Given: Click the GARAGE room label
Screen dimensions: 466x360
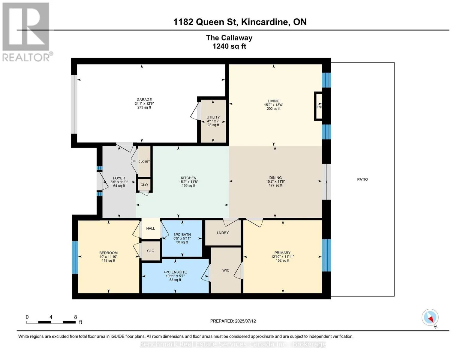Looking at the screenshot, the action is pos(144,100).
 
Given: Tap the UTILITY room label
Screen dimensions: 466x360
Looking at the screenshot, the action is pos(213,117).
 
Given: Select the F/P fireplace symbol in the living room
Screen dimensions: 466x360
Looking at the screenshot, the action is pos(318,106).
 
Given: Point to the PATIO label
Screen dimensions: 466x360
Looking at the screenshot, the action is pos(362,179).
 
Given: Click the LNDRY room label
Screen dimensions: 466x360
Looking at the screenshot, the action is pos(223,233).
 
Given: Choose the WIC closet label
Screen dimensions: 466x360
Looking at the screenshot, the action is pos(226,270).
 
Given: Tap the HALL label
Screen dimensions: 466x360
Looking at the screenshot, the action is pos(151,229).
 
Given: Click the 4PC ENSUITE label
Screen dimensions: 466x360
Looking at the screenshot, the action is pos(175,272).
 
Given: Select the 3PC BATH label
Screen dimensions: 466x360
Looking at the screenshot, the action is pos(182,235).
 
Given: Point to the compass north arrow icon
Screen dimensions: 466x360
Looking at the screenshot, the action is pos(430,318).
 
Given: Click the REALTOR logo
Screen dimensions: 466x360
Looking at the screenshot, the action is pos(27,32).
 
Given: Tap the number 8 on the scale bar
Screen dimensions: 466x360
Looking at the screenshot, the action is pos(76,317).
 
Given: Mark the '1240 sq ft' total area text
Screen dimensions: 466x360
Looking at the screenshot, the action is pos(229,46).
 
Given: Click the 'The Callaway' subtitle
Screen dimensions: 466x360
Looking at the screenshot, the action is pos(229,38).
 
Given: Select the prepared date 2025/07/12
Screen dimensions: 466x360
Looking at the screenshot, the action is pos(245,321).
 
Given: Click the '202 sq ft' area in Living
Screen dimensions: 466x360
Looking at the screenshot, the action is pos(273,109).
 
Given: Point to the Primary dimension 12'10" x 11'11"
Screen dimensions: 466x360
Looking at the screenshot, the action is pos(282,257).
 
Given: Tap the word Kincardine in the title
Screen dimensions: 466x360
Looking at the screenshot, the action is pos(264,22).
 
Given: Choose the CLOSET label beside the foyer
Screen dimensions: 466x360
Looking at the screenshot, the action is pos(144,161).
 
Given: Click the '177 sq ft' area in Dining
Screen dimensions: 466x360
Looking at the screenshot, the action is pos(275,185).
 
